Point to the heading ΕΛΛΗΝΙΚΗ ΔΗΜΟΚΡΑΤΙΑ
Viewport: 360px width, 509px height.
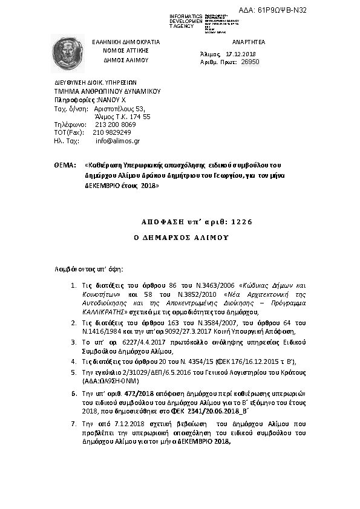[125, 42]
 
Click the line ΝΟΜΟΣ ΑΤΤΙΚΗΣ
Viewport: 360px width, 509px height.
[125, 51]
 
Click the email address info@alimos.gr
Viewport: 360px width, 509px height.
[117, 141]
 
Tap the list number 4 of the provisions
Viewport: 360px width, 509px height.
[73, 361]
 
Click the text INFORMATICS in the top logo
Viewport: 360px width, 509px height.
[186, 15]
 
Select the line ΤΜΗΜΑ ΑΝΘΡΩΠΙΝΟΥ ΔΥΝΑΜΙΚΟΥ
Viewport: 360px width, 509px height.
[106, 91]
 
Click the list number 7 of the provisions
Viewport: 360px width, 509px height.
[73, 425]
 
